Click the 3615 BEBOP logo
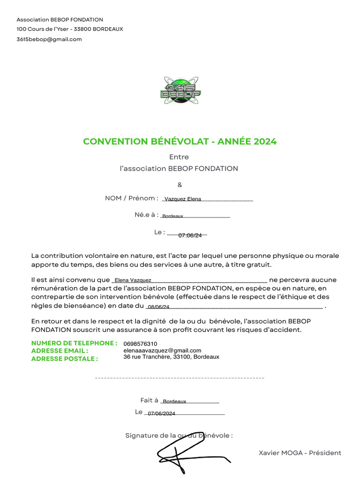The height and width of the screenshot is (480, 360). pos(180,90)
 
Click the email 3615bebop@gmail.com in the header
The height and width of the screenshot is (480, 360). pos(49,39)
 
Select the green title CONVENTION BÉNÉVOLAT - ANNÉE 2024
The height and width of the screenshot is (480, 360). pos(180,142)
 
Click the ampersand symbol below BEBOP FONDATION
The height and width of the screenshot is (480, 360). pos(180,185)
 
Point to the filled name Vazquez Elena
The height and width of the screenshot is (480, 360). pos(183,199)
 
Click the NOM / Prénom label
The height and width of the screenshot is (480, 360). pos(131,198)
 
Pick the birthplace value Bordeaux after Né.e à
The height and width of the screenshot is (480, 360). pos(172,216)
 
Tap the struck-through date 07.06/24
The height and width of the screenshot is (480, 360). pos(190,235)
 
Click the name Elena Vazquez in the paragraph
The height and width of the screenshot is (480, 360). pos(133,280)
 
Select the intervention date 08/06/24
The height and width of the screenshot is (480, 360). pos(158,307)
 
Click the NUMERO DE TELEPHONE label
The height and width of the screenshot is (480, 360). pos(74,343)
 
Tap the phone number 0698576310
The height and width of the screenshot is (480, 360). pos(140,344)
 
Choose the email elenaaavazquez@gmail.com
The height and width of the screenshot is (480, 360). pos(162,350)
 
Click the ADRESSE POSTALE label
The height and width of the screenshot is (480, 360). pos(64,359)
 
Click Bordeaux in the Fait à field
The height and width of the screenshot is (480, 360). pos(174,401)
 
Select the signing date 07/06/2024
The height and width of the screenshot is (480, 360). pos(161,413)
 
